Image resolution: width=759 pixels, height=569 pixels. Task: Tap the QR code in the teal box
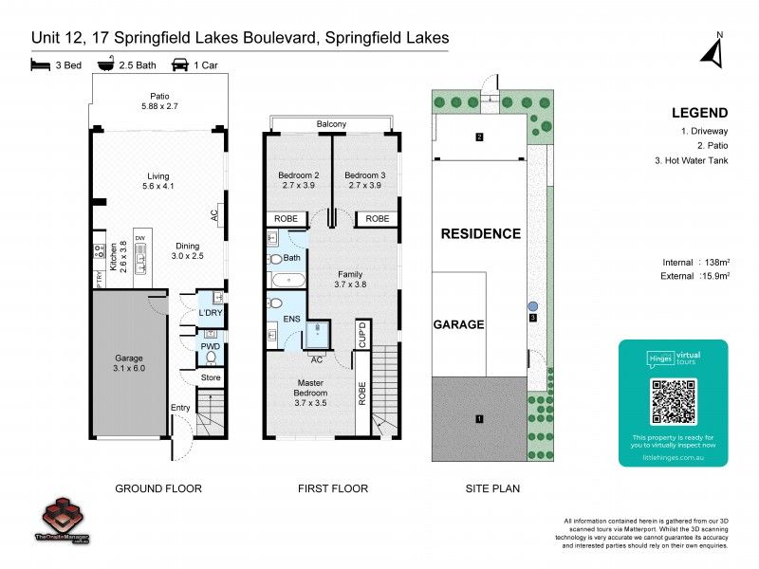click(672, 401)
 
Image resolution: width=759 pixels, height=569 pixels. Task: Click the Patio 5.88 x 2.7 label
click(158, 101)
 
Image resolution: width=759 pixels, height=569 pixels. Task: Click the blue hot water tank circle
click(533, 306)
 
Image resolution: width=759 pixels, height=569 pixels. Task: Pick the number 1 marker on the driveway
click(479, 418)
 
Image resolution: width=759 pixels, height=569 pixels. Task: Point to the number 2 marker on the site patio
click(479, 138)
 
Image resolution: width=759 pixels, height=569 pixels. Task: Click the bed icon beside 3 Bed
click(40, 65)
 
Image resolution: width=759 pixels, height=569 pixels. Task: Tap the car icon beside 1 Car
click(178, 65)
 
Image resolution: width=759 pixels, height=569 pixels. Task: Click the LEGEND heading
click(699, 111)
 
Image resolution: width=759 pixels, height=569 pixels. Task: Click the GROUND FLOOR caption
click(158, 489)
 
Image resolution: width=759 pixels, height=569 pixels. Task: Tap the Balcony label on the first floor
click(331, 124)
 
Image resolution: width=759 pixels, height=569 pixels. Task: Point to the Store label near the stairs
click(210, 378)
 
